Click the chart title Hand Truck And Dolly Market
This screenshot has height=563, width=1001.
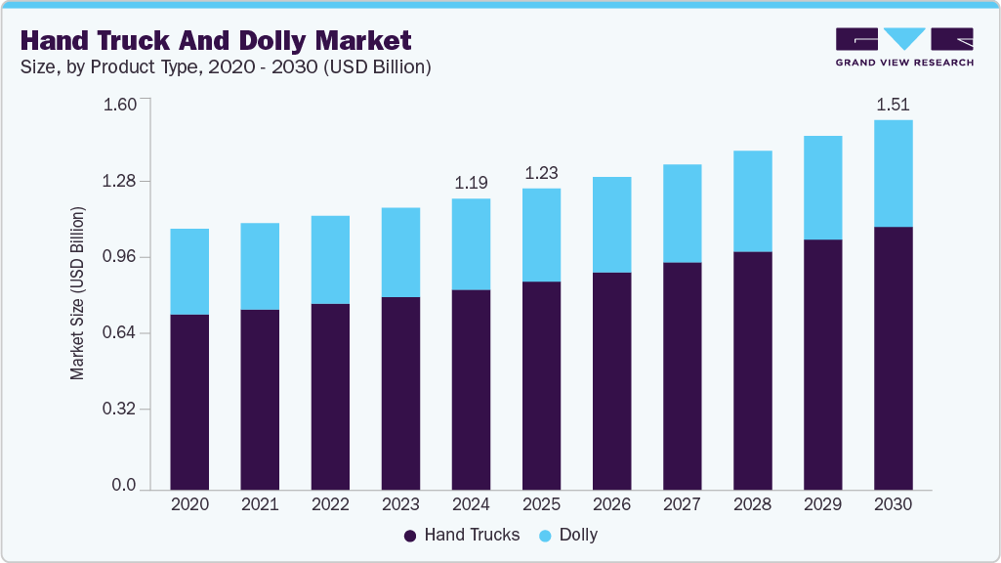216,40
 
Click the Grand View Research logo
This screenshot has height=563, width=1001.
903,47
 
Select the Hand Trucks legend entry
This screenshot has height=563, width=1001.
462,535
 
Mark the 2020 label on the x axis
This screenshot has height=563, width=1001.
189,504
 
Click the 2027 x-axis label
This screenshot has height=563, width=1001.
682,504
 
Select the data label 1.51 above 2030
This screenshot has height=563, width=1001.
893,105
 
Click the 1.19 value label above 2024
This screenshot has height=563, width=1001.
471,183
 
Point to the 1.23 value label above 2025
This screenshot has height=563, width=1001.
541,173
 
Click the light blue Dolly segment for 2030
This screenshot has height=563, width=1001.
893,173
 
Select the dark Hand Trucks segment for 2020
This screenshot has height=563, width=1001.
189,401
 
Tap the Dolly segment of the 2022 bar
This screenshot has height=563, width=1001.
330,259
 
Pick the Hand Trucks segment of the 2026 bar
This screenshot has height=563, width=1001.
611,380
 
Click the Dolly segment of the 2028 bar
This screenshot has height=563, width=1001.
752,200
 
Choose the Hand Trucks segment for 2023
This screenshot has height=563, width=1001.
400,392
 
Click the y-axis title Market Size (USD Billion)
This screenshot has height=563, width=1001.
77,294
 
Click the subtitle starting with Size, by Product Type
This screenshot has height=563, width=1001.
226,67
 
